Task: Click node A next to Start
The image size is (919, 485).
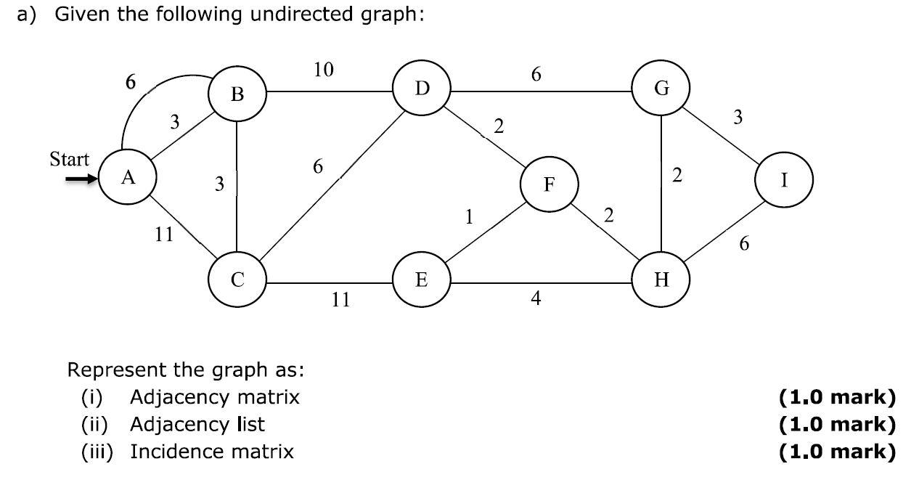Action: click(x=128, y=179)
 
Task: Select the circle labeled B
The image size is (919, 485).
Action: click(x=237, y=93)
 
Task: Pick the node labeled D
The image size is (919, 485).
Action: click(x=422, y=89)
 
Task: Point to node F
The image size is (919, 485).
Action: click(x=550, y=184)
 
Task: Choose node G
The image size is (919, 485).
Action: click(x=661, y=89)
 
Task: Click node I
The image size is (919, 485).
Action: click(x=784, y=179)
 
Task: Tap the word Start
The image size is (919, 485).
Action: click(x=70, y=159)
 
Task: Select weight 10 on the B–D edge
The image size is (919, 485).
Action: click(x=324, y=70)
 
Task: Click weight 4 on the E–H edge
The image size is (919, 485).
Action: click(x=536, y=298)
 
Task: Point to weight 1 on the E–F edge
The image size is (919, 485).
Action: click(x=470, y=216)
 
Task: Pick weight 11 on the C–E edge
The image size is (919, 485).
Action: click(x=341, y=299)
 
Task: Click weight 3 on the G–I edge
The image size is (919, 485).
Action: click(x=738, y=118)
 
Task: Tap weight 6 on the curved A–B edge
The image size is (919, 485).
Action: click(x=129, y=81)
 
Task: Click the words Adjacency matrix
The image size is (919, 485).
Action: click(x=214, y=397)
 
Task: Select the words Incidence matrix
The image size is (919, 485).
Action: click(x=212, y=452)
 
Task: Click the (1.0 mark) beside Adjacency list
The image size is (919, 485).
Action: click(x=837, y=424)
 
